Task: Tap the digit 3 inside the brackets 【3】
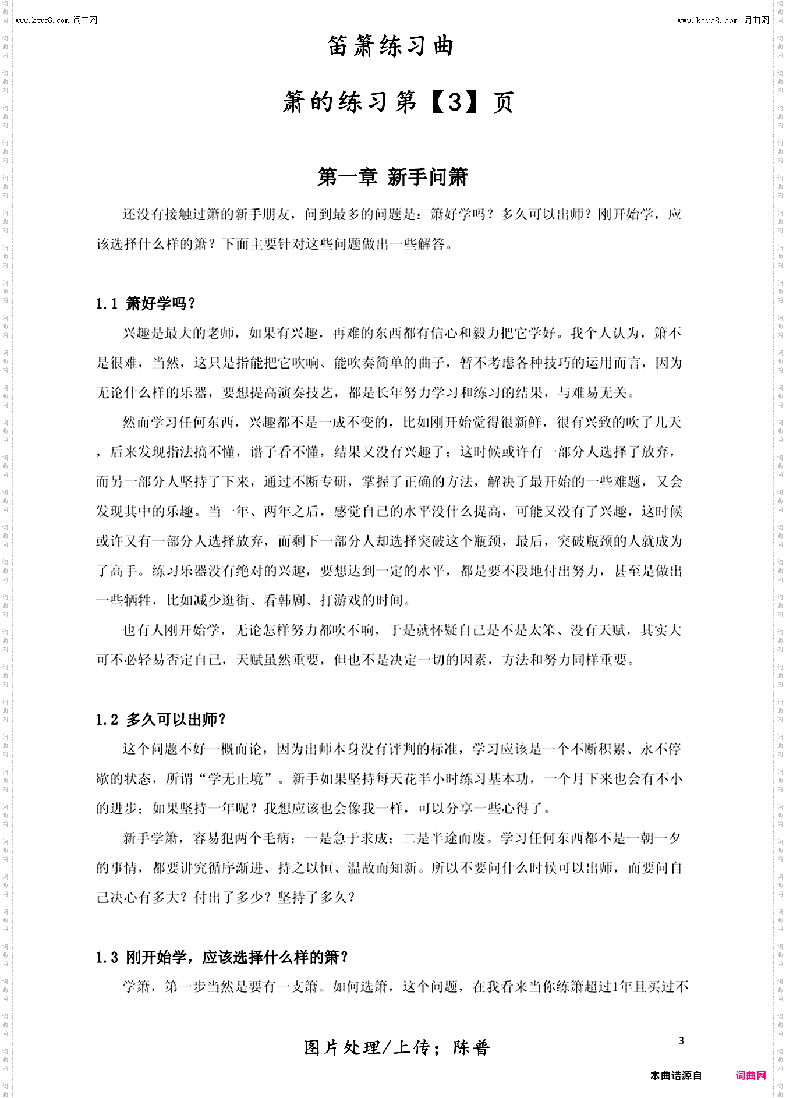455,102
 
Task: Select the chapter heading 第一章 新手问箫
392,177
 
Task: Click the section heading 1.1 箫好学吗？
146,303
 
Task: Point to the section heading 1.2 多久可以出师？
161,720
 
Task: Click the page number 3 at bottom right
681,1041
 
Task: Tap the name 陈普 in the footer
472,1048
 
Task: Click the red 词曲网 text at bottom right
751,1075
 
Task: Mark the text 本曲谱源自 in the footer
675,1075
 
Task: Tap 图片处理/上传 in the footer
367,1048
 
